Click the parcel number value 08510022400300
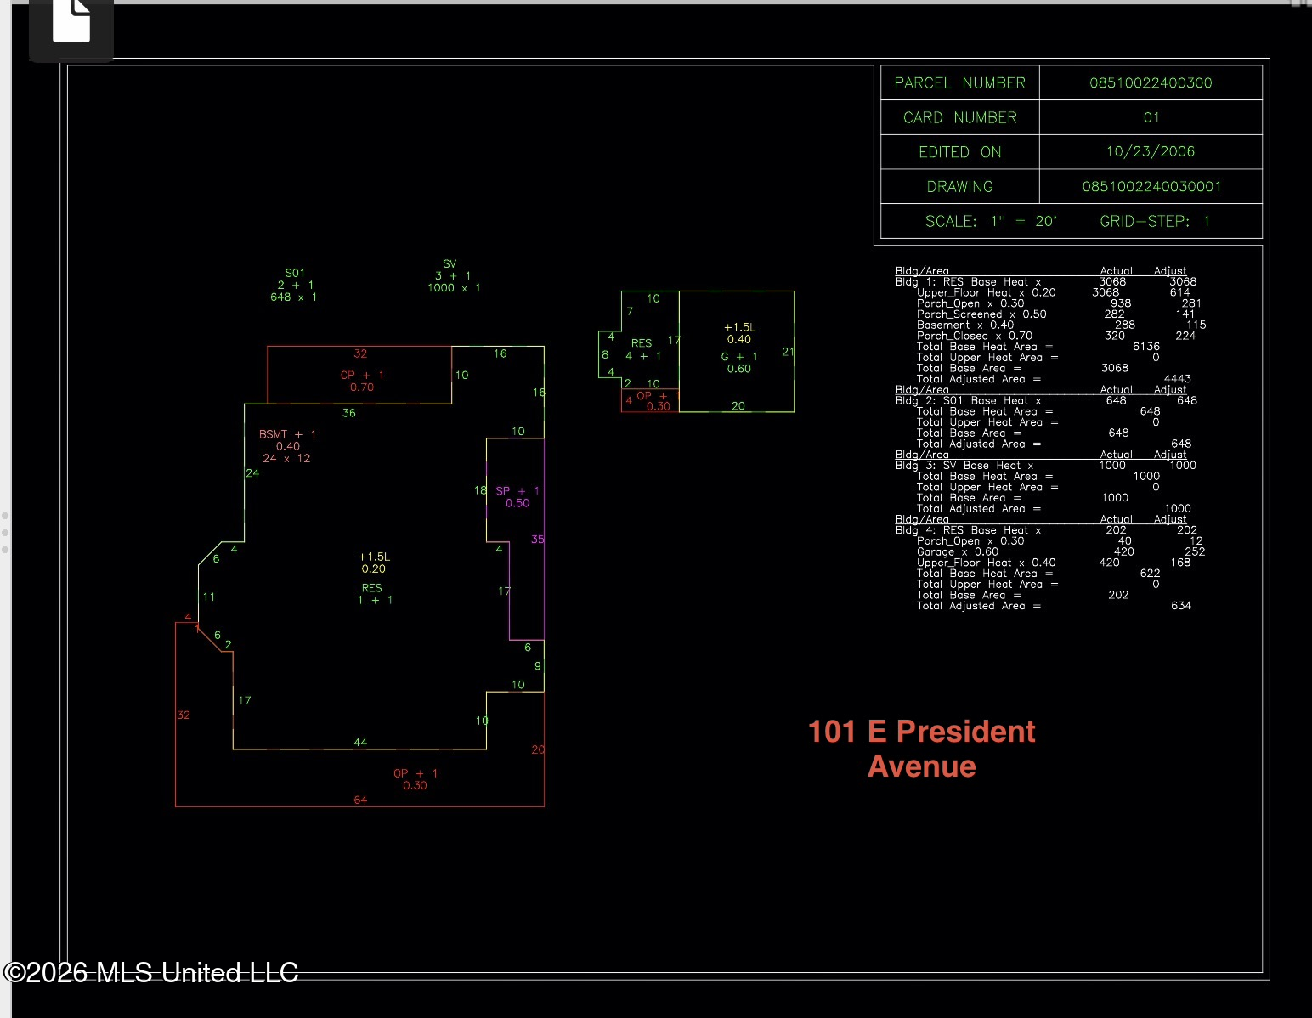click(1151, 82)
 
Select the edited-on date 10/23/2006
click(1151, 151)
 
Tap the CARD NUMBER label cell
click(960, 117)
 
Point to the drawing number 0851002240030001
click(1151, 187)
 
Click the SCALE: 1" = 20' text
click(991, 222)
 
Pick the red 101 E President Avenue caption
click(922, 749)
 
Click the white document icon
click(71, 21)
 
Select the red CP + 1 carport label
click(362, 375)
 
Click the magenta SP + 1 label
click(517, 491)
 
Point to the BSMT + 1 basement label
click(287, 434)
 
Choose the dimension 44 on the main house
click(360, 742)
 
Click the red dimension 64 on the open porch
click(360, 800)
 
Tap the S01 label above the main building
click(295, 273)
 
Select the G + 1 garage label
click(739, 357)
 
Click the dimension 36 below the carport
click(349, 413)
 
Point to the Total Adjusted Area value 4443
click(1178, 379)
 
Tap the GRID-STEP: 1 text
click(1155, 222)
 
